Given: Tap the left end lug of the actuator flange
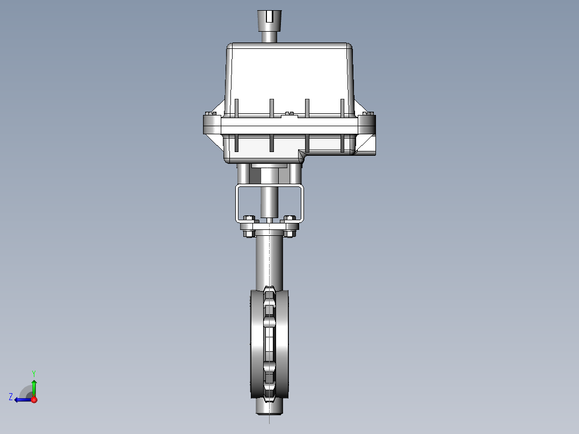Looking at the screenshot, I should [211, 125].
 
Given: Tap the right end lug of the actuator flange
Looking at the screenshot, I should [367, 125].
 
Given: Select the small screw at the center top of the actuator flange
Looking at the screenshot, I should [289, 114].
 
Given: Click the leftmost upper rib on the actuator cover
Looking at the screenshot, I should [235, 107].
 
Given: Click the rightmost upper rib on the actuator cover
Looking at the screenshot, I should [342, 107].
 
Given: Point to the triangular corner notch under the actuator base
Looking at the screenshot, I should [302, 156].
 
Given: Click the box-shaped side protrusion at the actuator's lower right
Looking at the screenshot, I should [365, 146].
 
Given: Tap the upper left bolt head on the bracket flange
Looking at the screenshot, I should [249, 218].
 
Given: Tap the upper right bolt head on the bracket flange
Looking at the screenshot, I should [290, 218].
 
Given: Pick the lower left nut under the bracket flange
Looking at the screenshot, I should [248, 234].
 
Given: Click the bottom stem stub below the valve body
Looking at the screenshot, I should [269, 408].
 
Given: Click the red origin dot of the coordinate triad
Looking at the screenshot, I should [34, 400].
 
